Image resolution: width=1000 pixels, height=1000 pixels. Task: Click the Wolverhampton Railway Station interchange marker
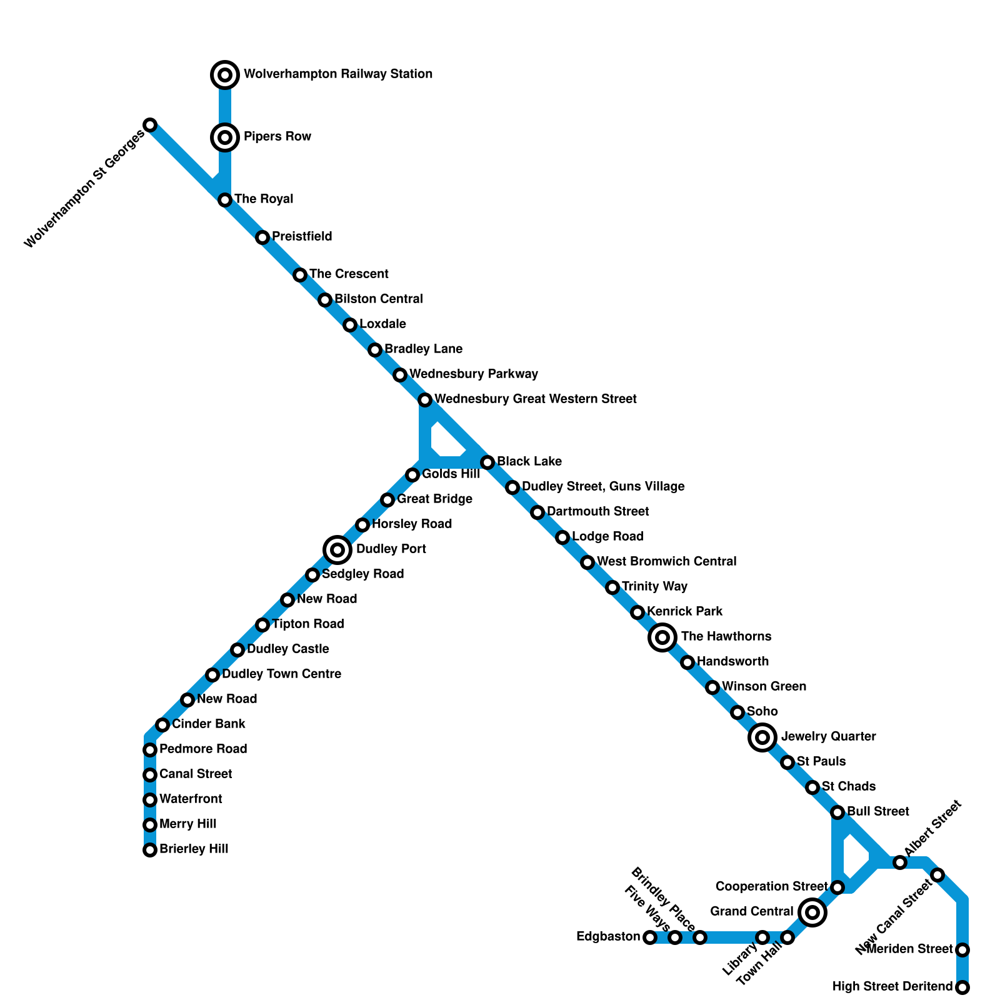coord(225,75)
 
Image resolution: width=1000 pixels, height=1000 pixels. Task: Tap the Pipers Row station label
coord(277,136)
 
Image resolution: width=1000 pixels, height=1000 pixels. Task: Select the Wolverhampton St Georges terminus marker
coord(150,125)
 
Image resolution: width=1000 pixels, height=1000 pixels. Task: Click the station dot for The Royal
coord(225,200)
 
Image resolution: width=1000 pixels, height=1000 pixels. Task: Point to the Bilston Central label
coord(378,299)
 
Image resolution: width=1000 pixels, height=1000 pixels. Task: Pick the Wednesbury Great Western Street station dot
coord(425,400)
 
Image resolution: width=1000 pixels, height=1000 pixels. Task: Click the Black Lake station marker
coord(487,462)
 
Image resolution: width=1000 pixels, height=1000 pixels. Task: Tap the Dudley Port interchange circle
coord(337,550)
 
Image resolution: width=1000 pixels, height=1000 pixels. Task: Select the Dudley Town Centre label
coord(281,674)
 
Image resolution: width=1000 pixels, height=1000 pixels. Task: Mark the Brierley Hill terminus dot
coord(150,850)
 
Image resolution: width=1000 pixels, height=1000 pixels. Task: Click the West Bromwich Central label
coord(666,561)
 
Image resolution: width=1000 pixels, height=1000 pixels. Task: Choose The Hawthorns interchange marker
coord(662,637)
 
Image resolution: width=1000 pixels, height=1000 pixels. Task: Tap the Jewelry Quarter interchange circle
coord(762,737)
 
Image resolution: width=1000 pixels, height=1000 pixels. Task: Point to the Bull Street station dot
coord(837,812)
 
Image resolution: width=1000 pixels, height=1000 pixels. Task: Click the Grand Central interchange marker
coord(812,912)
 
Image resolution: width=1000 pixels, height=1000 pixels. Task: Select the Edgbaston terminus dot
coord(650,937)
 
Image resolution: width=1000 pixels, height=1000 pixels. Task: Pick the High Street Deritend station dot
coord(962,987)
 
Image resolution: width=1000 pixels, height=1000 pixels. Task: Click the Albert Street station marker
coord(900,862)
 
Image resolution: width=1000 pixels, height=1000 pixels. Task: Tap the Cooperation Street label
coord(771,886)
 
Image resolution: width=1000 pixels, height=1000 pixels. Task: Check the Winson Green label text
coord(764,686)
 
